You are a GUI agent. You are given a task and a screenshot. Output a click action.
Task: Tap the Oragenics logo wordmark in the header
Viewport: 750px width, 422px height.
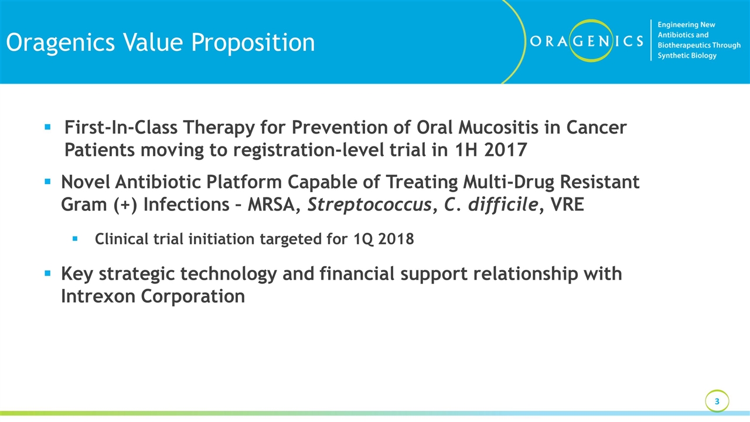click(x=585, y=40)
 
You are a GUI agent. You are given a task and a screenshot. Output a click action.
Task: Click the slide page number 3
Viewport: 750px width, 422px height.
click(x=717, y=401)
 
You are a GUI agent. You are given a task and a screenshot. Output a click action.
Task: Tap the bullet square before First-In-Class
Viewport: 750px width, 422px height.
click(x=47, y=126)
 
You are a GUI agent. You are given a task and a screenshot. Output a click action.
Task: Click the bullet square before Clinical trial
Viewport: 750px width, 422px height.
click(x=74, y=239)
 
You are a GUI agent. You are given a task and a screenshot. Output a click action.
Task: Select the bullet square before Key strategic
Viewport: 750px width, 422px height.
click(x=47, y=273)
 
